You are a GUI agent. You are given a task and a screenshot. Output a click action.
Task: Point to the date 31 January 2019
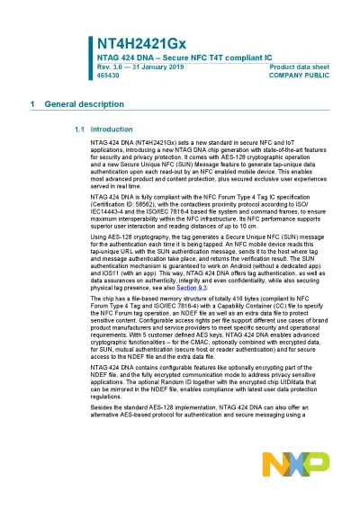[158, 67]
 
